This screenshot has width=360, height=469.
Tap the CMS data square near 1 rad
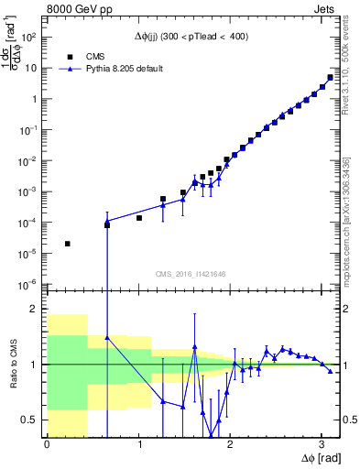coord(139,218)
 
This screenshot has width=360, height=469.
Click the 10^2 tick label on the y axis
coord(29,38)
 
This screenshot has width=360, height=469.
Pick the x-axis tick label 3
coord(322,444)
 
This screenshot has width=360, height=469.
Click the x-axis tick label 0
coord(47,444)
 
